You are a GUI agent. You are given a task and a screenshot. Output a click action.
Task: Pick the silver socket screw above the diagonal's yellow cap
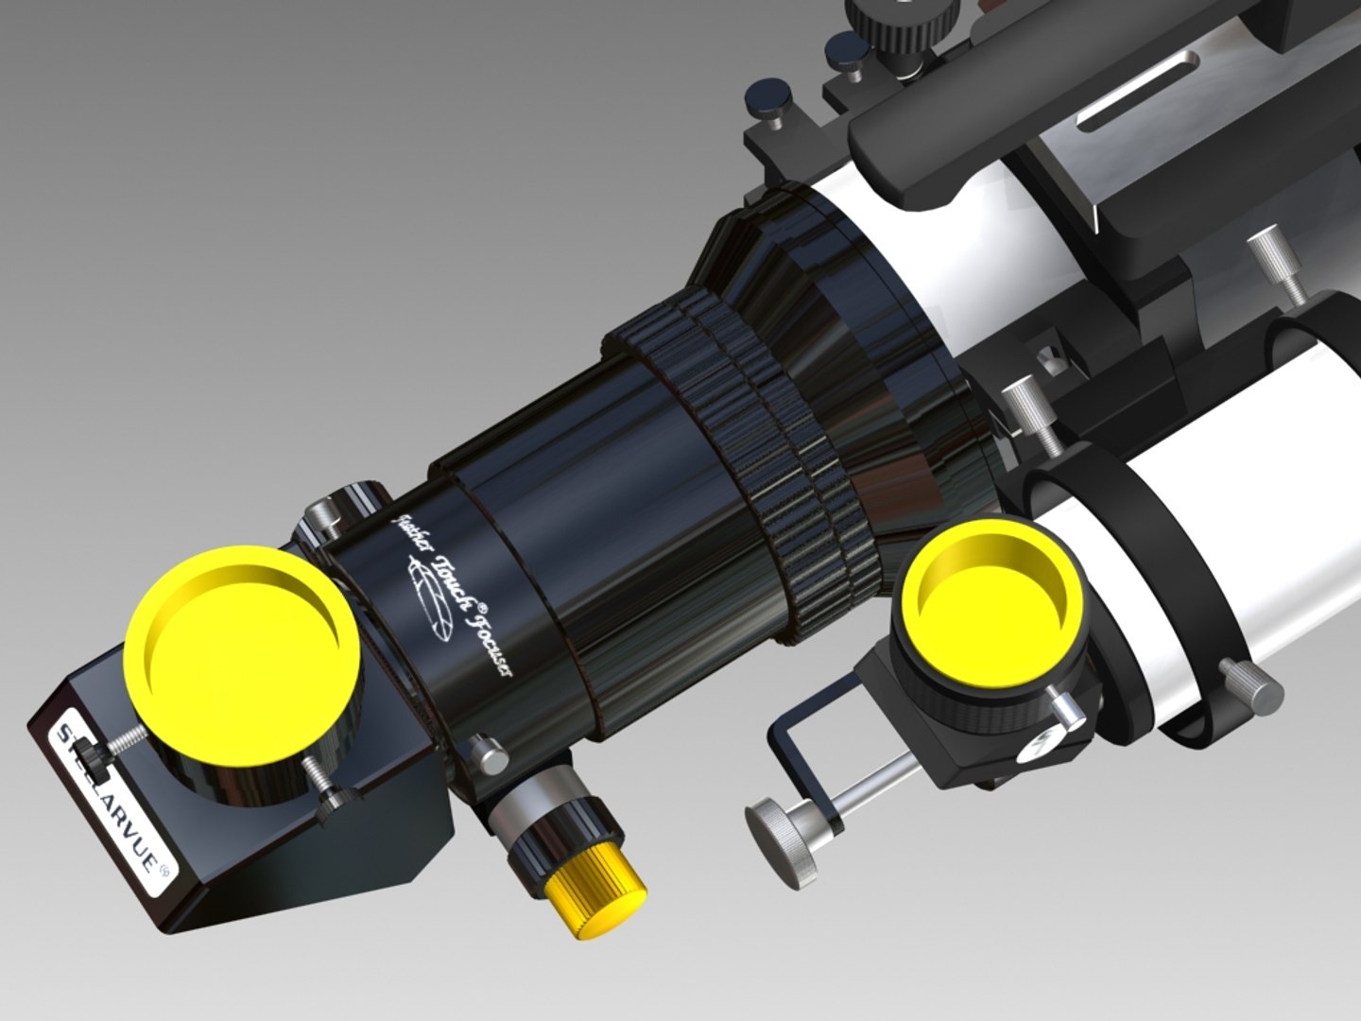327,514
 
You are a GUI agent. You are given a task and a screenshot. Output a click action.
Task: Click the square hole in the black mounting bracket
1046,359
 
